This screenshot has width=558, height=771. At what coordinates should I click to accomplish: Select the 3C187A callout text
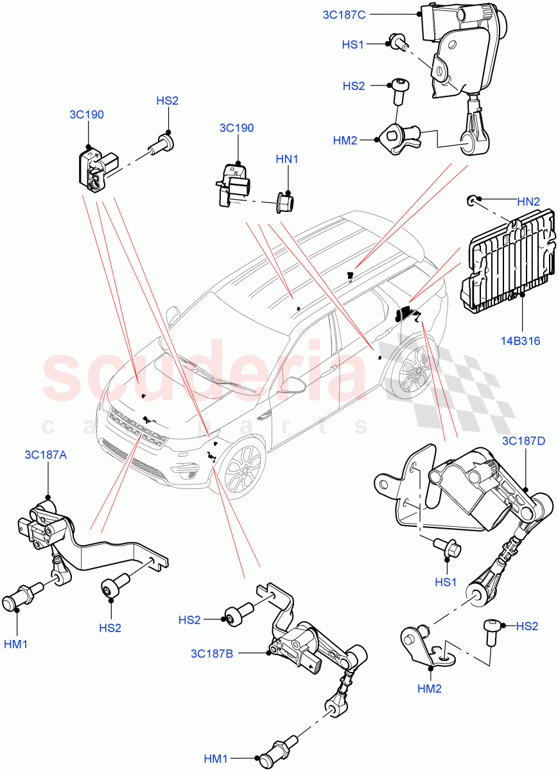[x=46, y=454]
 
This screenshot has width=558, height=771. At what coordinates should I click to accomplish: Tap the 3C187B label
[x=211, y=654]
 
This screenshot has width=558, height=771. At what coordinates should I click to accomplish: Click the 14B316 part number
[x=520, y=341]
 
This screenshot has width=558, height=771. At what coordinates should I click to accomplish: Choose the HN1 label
[x=287, y=159]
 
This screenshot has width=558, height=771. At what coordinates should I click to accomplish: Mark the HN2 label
[x=528, y=201]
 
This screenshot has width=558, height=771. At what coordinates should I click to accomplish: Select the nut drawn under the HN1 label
[x=284, y=202]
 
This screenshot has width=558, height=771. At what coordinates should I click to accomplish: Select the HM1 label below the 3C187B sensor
[x=216, y=759]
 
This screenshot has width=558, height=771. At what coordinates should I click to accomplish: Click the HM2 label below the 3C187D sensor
[x=428, y=688]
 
